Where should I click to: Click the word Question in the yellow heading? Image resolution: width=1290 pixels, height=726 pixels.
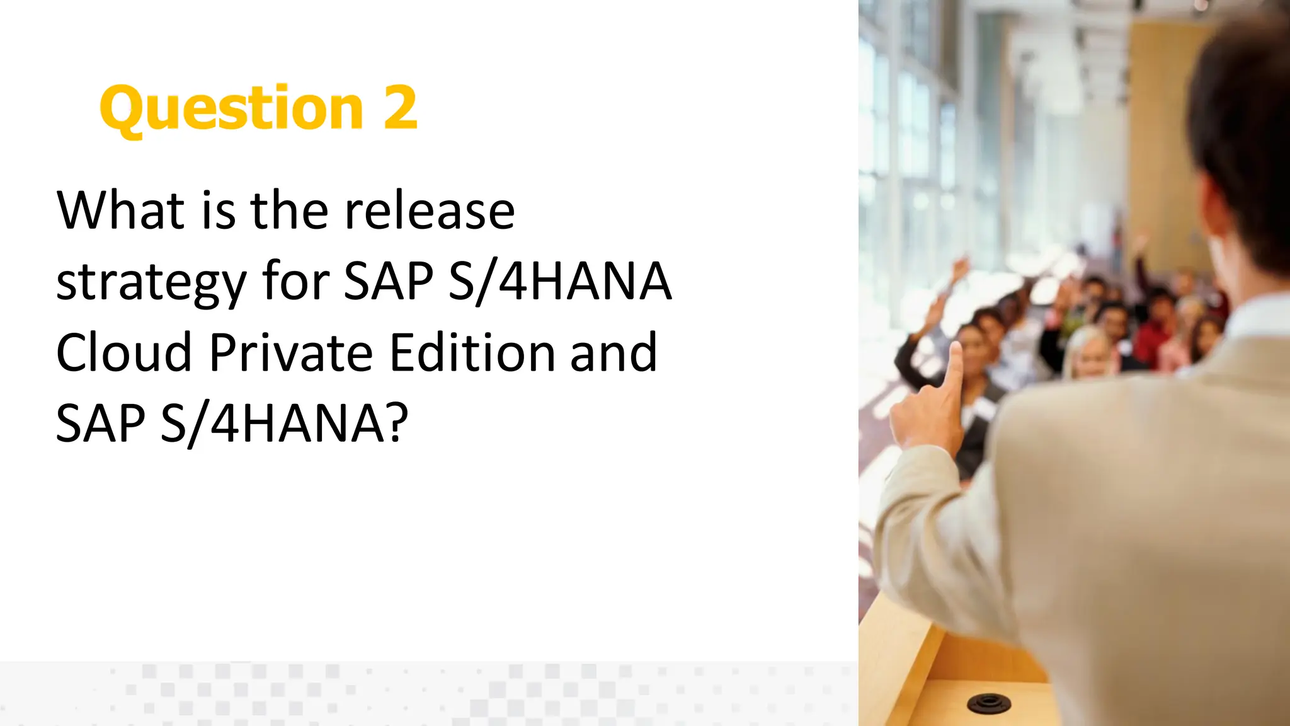pos(231,108)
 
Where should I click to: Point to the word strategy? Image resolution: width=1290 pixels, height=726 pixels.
pos(151,282)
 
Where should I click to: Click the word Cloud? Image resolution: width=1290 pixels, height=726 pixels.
pos(124,352)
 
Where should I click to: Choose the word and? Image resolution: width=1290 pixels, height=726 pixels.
pos(614,352)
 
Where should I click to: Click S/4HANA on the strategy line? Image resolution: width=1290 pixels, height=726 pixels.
pos(560,281)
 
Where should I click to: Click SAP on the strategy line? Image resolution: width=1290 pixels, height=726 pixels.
pos(389,281)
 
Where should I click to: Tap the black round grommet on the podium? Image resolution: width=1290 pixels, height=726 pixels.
pos(988,702)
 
